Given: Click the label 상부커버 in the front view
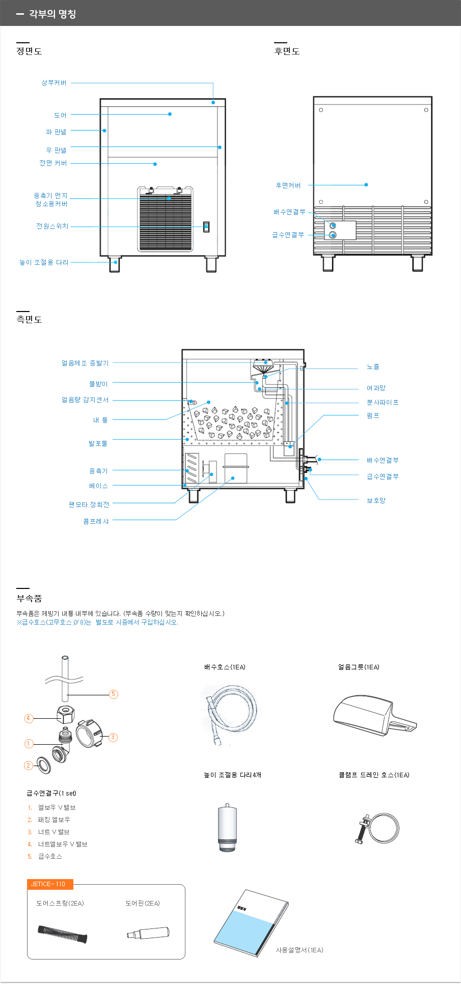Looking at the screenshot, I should coord(54,82).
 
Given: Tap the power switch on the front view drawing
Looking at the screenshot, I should coord(206,227).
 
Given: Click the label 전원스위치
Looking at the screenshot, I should coord(52,226).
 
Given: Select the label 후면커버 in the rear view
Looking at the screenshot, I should coord(288,185).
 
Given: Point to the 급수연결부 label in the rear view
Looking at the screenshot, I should coord(288,235).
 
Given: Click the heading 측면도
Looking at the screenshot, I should coord(29,319).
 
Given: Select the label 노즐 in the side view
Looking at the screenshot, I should coord(373,366).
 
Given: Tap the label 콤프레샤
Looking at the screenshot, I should coord(96,521).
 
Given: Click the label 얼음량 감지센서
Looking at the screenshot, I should coord(85,400).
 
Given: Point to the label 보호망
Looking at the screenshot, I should coord(376,500).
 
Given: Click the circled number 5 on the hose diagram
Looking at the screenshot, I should coord(114,694).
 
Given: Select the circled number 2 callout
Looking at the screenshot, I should coord(29,765).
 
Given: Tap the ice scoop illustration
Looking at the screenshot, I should coord(374,715).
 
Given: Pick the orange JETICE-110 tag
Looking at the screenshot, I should coord(50,884).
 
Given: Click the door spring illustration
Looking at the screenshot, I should coord(62,934).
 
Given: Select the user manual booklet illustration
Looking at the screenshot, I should coord(251,923).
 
